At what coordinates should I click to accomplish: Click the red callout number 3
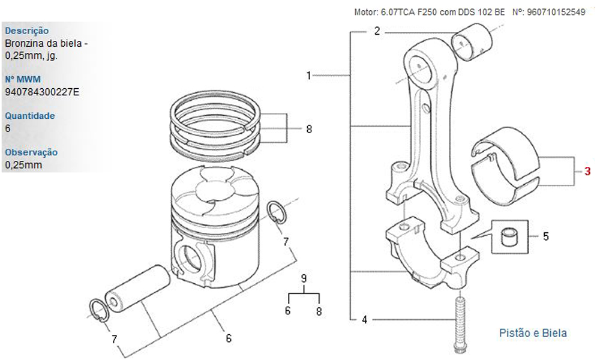pyautogui.click(x=587, y=172)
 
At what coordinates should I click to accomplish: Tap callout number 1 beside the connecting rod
pyautogui.click(x=308, y=76)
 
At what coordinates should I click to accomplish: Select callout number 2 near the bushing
pyautogui.click(x=377, y=31)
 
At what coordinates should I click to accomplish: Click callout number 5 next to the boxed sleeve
pyautogui.click(x=545, y=236)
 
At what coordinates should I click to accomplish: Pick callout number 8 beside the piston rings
pyautogui.click(x=309, y=129)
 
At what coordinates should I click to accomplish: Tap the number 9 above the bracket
pyautogui.click(x=304, y=278)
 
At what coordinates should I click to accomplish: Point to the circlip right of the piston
pyautogui.click(x=275, y=213)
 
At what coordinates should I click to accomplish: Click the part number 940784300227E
pyautogui.click(x=41, y=92)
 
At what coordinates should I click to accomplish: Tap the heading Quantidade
pyautogui.click(x=29, y=116)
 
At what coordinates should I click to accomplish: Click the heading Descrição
pyautogui.click(x=26, y=31)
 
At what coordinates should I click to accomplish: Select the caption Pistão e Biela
pyautogui.click(x=533, y=332)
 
